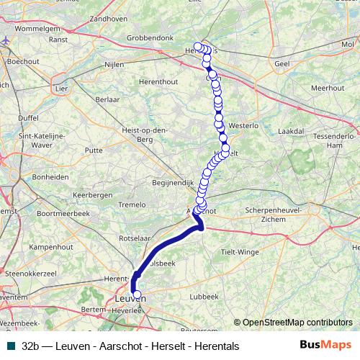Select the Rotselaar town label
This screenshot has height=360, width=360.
click(x=135, y=237)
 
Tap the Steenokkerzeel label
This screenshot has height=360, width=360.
click(x=30, y=274)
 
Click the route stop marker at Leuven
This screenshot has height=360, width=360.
click(x=137, y=294)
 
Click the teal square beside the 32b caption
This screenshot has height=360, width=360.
click(x=8, y=346)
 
